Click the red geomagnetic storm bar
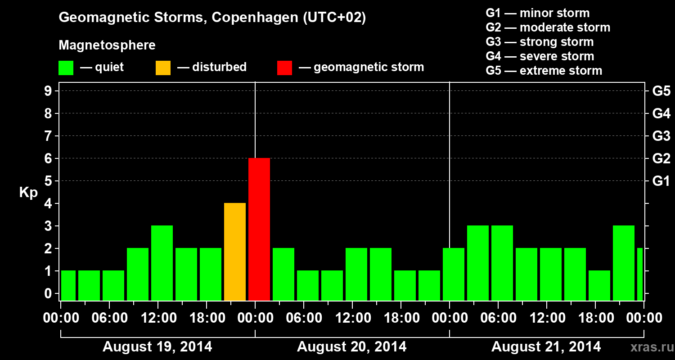pyautogui.click(x=259, y=229)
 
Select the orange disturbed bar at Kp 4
pyautogui.click(x=235, y=252)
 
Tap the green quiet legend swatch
pyautogui.click(x=66, y=68)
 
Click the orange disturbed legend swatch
pyautogui.click(x=163, y=68)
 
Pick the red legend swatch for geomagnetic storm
pyautogui.click(x=284, y=68)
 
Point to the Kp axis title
pyautogui.click(x=28, y=193)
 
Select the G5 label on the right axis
pyautogui.click(x=661, y=91)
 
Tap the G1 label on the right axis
pyautogui.click(x=661, y=181)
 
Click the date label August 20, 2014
pyautogui.click(x=351, y=347)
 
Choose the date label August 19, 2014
pyautogui.click(x=157, y=347)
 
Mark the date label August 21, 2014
pyautogui.click(x=546, y=347)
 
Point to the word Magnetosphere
pyautogui.click(x=107, y=45)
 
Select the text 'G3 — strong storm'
pyautogui.click(x=540, y=42)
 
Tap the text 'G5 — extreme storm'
pyautogui.click(x=544, y=71)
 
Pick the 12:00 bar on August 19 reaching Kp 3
pyautogui.click(x=162, y=263)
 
